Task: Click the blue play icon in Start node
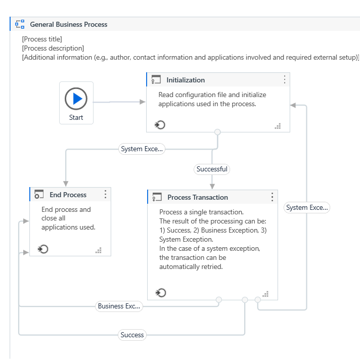click(x=76, y=99)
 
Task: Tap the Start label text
click(x=76, y=117)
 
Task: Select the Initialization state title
click(x=186, y=80)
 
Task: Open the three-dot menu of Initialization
click(x=284, y=79)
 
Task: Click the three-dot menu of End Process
click(x=105, y=195)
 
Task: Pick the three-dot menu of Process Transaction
click(x=272, y=197)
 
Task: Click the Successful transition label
click(x=212, y=169)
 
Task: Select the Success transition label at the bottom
click(x=132, y=335)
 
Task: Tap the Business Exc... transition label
click(x=119, y=306)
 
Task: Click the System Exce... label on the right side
click(x=306, y=207)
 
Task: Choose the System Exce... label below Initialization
click(x=142, y=149)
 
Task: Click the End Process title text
click(x=68, y=195)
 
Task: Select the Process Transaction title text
click(x=198, y=197)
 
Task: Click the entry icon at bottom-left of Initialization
click(x=160, y=125)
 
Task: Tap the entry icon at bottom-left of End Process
click(x=43, y=249)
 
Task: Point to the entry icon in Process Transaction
click(x=161, y=293)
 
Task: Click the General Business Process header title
click(x=69, y=24)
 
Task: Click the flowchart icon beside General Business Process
click(x=20, y=24)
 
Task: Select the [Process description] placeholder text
click(x=53, y=48)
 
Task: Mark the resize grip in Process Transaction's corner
click(x=265, y=294)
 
